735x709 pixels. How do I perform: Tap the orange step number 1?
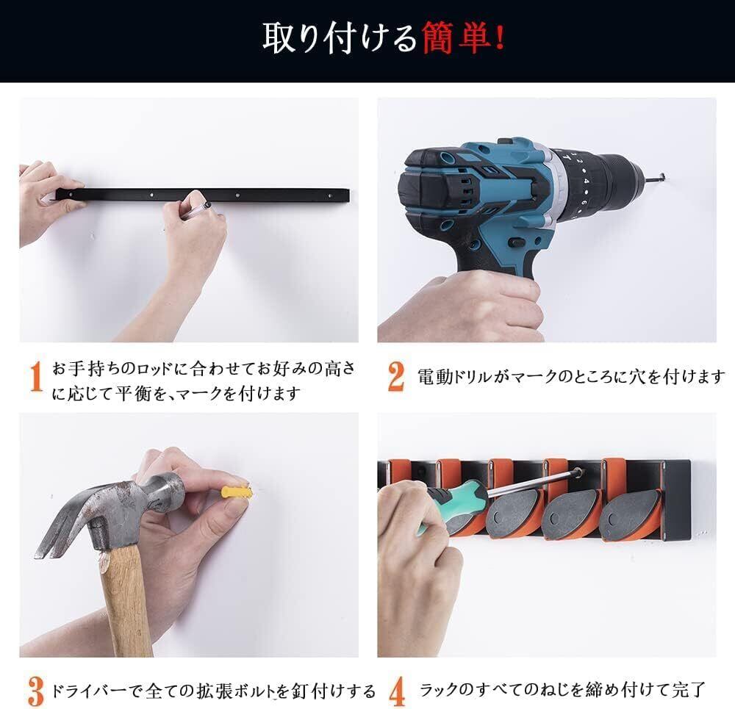(x=35, y=376)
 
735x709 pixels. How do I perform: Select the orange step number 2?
(x=396, y=376)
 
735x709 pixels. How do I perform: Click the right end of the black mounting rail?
(x=348, y=195)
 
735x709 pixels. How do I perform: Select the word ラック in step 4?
(x=439, y=690)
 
